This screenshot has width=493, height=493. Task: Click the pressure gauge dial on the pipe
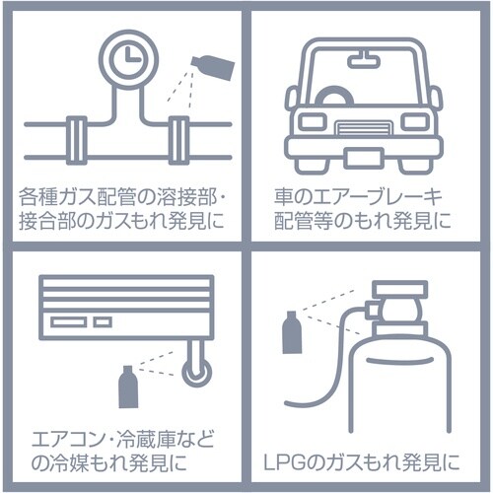(x=129, y=59)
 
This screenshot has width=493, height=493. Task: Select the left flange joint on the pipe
(x=76, y=140)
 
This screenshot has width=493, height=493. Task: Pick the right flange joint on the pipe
(x=179, y=140)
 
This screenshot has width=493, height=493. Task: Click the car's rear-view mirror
(x=364, y=61)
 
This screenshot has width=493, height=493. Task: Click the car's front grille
(x=364, y=128)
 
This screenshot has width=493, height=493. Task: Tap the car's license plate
(x=364, y=159)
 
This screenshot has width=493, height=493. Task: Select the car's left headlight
(x=314, y=121)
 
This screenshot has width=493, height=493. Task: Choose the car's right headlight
(x=416, y=121)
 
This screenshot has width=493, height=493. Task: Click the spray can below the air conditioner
(x=128, y=387)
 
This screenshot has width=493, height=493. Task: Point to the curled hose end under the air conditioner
(x=196, y=374)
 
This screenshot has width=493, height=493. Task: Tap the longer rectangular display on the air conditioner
(x=69, y=322)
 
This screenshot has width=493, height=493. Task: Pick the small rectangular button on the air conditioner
(x=103, y=322)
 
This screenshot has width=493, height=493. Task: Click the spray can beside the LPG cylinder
(x=292, y=332)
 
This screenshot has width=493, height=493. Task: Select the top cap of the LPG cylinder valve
(x=399, y=289)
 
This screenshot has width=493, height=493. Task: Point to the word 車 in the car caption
(x=284, y=197)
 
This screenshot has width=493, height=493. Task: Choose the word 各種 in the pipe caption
(x=37, y=197)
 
